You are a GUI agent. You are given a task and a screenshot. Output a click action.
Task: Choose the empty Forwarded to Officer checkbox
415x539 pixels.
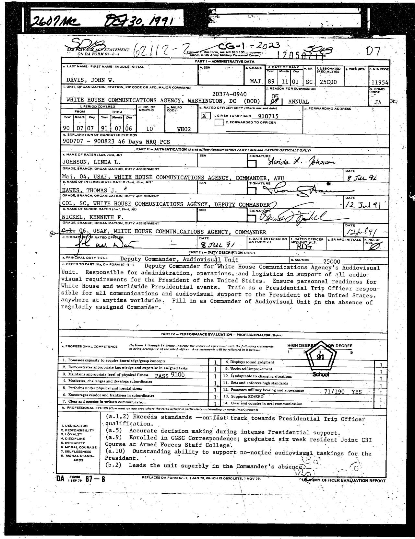coord(219,123)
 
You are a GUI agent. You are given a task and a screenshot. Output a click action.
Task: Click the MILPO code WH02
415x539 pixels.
coord(184,129)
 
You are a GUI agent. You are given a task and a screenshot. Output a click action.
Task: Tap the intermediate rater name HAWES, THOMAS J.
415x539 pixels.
coord(90,190)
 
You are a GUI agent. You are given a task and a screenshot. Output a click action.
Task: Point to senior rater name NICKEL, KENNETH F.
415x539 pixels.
coord(93,217)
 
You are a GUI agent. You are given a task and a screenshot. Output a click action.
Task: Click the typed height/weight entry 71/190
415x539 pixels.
coord(334,392)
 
